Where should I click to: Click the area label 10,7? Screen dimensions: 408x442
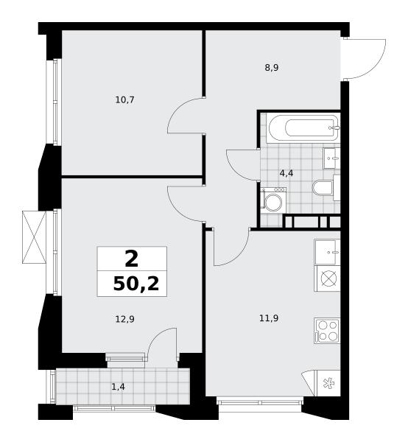pos(124,99)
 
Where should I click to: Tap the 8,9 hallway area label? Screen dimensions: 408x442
pos(272,68)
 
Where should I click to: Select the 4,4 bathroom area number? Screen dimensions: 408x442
pos(286,173)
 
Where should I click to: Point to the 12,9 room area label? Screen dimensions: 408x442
pos(124,319)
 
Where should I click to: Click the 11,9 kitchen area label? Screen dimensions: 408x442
pos(269,318)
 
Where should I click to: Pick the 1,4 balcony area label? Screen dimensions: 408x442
pos(119,387)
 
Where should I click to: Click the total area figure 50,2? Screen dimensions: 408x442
pos(136,284)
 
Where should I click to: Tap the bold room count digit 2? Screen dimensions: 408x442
pos(132,259)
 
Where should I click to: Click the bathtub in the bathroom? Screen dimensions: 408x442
pos(303,128)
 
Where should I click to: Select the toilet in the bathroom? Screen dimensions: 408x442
pos(326,187)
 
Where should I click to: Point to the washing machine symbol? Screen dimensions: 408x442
pos(273,200)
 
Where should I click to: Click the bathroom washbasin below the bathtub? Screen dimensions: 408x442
pos(331,158)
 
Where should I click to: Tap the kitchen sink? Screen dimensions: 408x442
pos(327,252)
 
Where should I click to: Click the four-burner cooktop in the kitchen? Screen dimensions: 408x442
pos(327,331)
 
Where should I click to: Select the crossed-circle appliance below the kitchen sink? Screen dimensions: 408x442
pos(328,278)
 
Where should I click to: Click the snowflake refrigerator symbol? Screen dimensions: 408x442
pos(328,383)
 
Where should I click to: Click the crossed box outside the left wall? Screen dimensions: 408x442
pos(34,237)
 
